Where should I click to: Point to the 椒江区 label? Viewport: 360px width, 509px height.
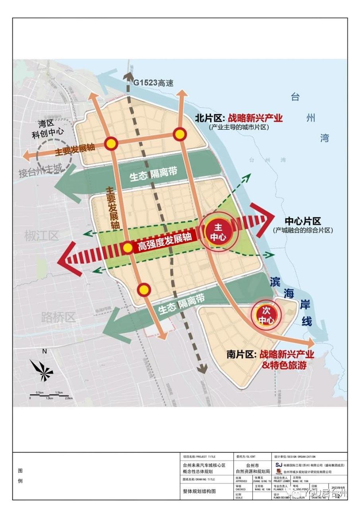point(41,235)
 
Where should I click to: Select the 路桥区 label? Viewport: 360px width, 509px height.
point(58,317)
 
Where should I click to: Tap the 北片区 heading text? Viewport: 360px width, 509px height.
point(210,118)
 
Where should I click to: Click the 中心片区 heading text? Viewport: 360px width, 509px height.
point(303,221)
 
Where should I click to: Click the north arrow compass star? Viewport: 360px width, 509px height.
point(42,371)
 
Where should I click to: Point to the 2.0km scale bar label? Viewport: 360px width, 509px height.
point(68,398)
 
